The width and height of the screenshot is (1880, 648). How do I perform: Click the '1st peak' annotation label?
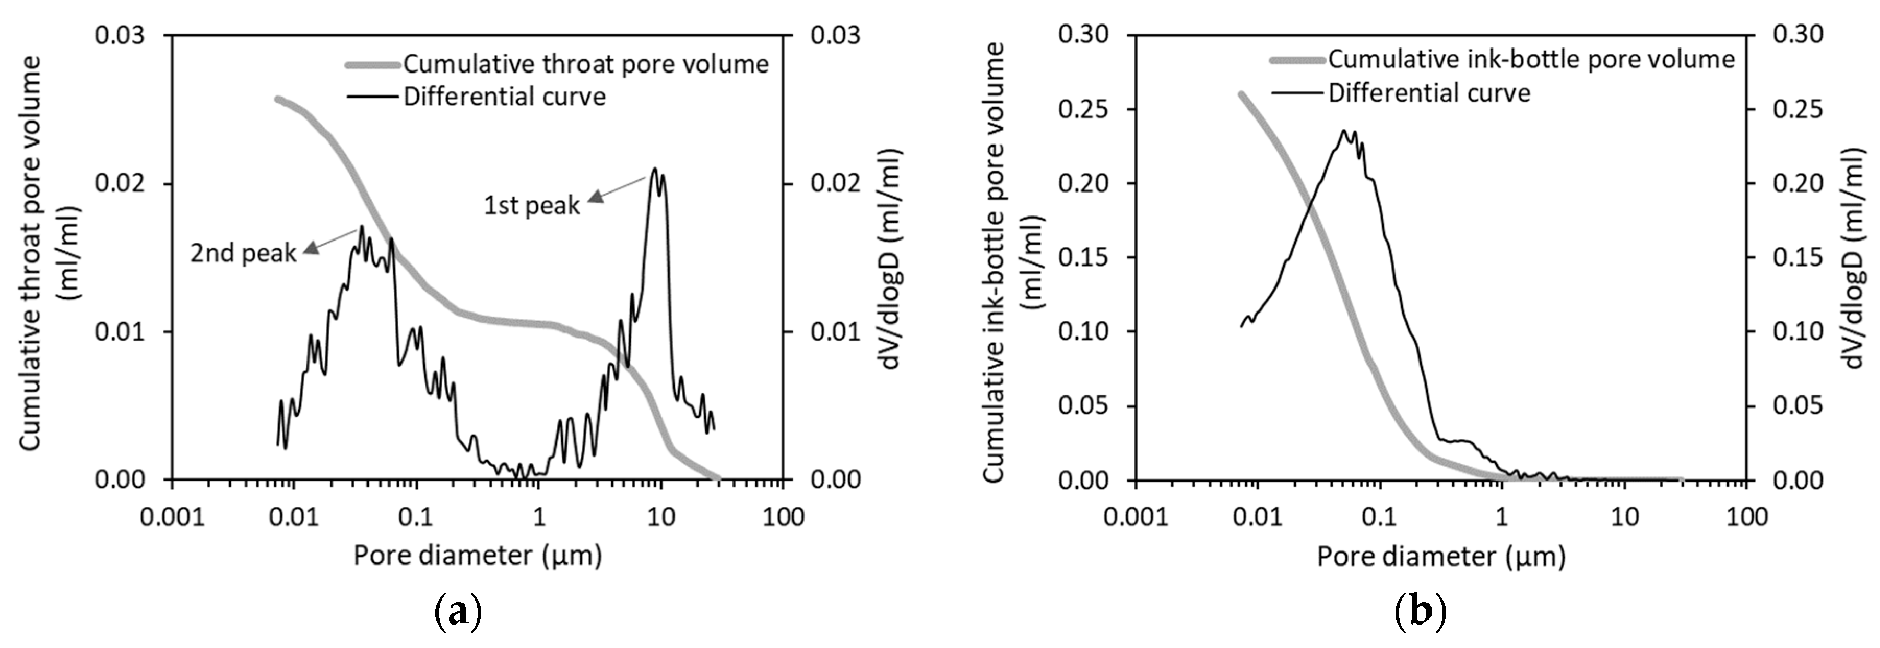[531, 206]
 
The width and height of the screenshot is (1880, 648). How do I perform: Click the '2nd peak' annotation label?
[243, 253]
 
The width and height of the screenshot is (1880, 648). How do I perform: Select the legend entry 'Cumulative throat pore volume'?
[585, 64]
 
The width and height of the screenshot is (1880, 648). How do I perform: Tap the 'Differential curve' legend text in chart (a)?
[504, 97]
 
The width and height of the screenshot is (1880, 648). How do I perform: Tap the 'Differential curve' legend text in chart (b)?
[1429, 93]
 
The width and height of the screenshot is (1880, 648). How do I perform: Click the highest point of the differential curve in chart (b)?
[1344, 130]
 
